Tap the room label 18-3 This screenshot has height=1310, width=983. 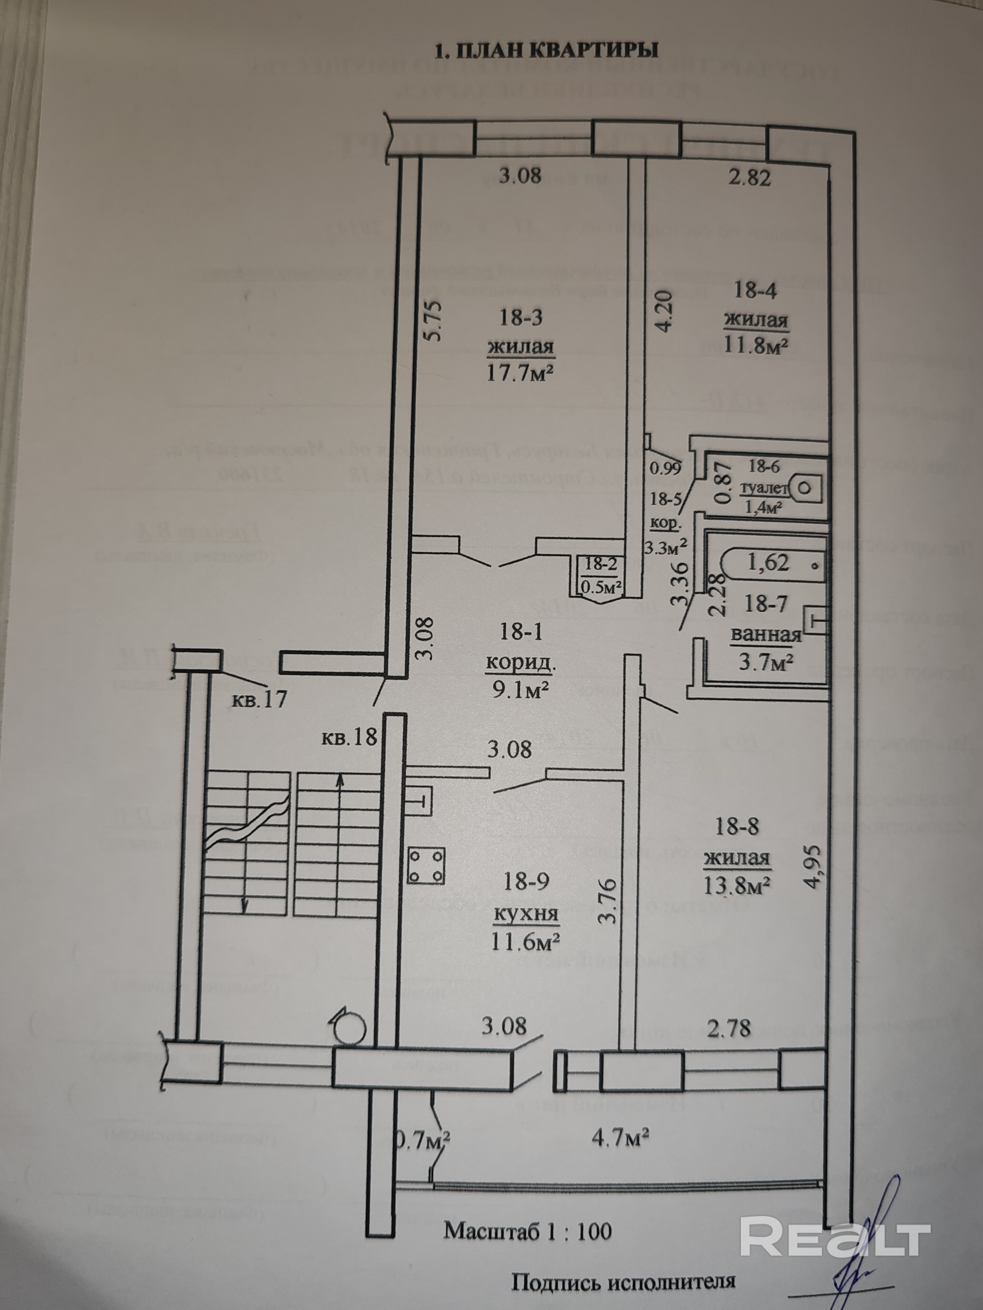521,318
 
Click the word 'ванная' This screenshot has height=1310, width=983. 766,635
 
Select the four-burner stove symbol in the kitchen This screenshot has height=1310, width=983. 427,865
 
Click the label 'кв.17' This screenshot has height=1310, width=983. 259,700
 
